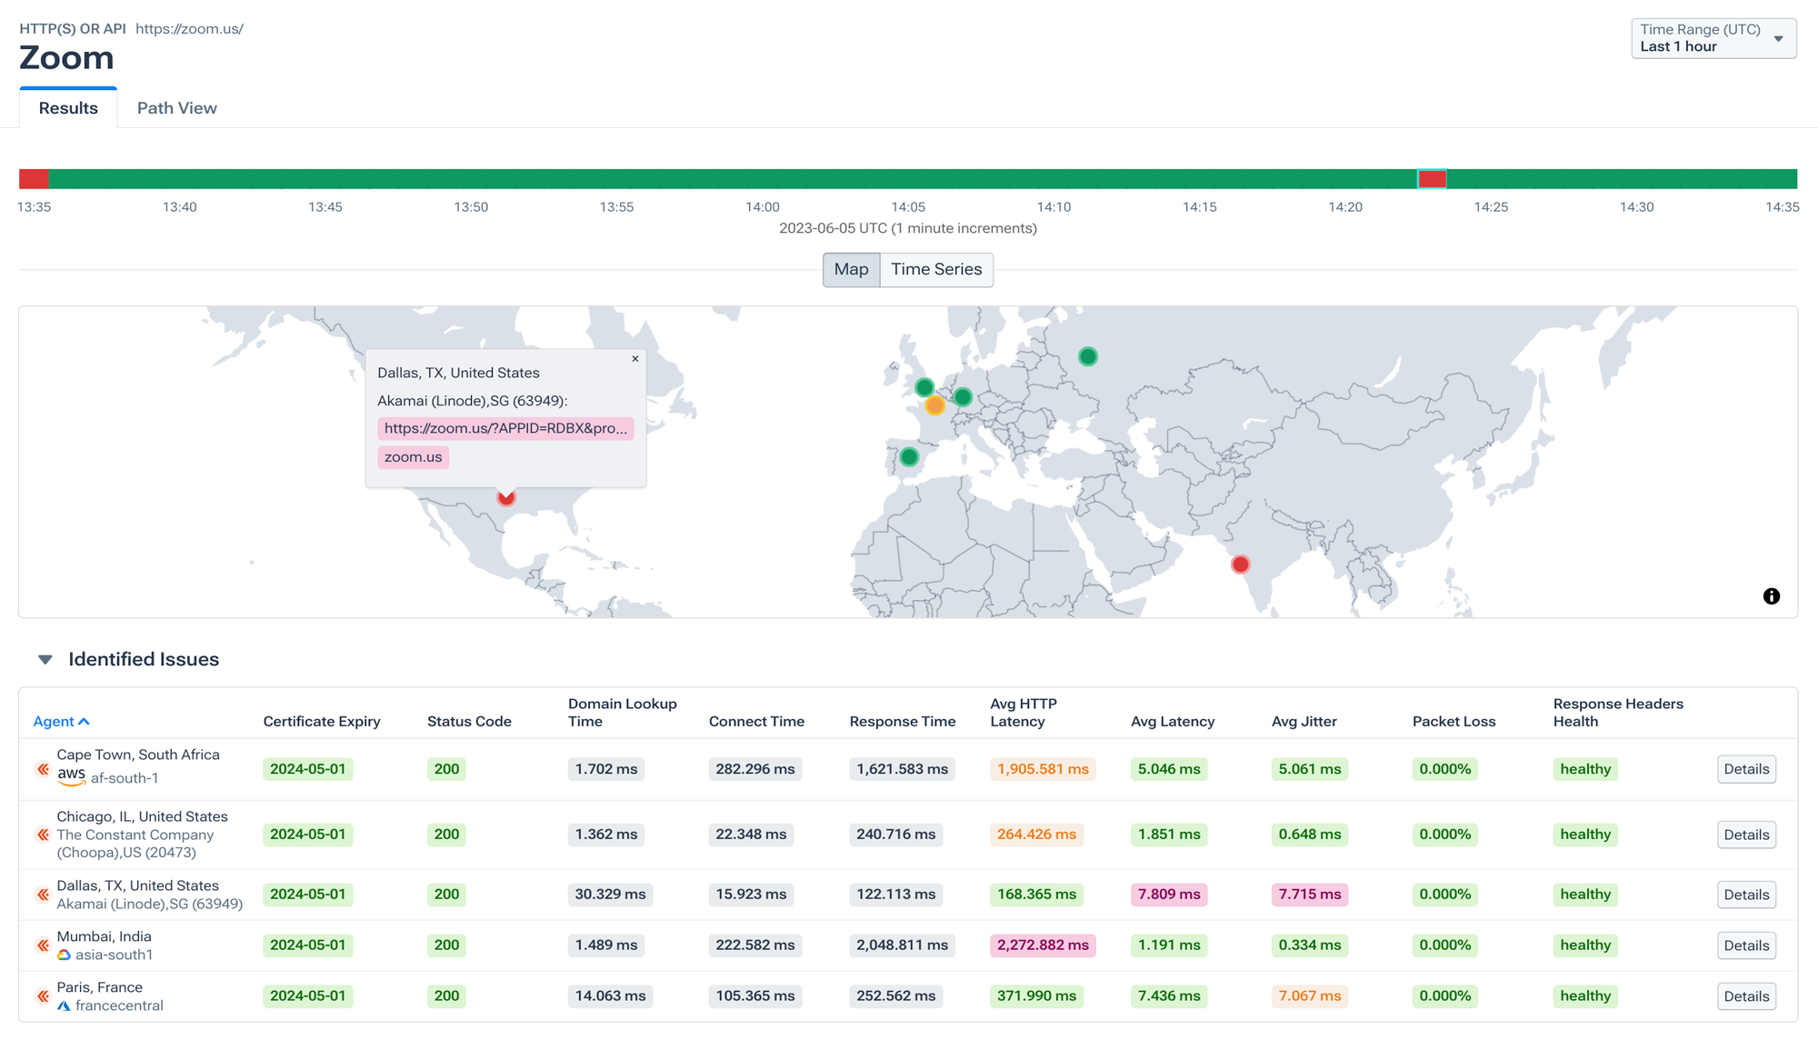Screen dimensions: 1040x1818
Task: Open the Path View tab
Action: tap(176, 108)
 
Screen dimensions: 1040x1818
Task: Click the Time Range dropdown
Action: tap(1713, 38)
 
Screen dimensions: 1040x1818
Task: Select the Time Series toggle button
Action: tap(935, 270)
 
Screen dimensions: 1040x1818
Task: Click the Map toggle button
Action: tap(851, 270)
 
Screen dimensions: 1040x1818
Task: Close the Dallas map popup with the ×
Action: tap(635, 359)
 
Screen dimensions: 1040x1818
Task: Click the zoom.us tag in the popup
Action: tap(413, 457)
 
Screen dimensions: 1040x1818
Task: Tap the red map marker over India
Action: tap(1240, 565)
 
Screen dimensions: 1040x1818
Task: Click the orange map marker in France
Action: tap(934, 406)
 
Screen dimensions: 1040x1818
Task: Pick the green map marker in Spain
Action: tap(909, 457)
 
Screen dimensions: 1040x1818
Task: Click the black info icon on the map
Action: tap(1771, 596)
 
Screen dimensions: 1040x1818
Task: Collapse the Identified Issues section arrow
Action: tap(45, 660)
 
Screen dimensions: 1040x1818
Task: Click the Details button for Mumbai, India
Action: tap(1745, 945)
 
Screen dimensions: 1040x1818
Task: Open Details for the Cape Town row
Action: tap(1745, 769)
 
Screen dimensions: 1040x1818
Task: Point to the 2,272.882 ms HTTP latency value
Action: tap(1042, 945)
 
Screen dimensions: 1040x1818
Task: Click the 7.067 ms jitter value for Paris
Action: tap(1309, 996)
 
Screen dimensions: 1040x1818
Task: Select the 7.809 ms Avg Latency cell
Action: tap(1168, 895)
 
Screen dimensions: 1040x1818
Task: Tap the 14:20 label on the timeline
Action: tap(1344, 207)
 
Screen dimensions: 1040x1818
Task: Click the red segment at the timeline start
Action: tap(34, 179)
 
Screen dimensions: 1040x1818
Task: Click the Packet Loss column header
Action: tap(1453, 722)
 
